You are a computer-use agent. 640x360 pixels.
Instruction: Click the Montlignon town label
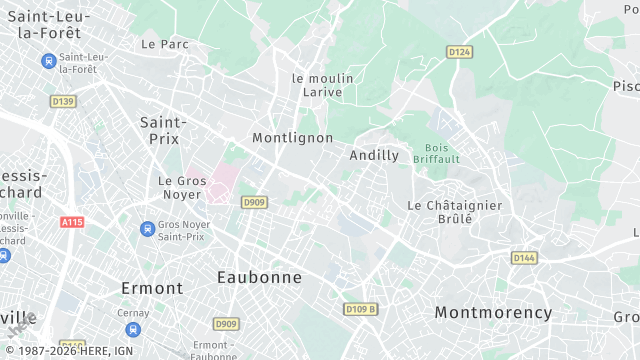coord(292,137)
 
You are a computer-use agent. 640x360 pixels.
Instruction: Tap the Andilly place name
coord(374,155)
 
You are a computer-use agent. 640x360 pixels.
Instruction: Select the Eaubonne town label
coord(259,277)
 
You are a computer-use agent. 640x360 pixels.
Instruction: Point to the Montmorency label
coord(493,312)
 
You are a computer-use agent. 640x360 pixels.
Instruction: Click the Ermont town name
coord(152,288)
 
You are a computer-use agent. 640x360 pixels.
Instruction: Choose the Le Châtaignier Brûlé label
coord(454,211)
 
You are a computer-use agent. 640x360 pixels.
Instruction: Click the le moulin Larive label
coord(317,85)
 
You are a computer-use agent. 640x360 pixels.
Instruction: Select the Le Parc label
coord(165,44)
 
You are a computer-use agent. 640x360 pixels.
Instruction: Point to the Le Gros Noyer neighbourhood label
coord(182,187)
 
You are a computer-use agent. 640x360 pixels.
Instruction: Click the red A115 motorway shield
coord(71,222)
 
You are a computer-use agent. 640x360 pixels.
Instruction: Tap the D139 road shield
coord(63,101)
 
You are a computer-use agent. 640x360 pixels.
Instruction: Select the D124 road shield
coord(459,52)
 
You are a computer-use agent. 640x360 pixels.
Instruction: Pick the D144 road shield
coord(524,257)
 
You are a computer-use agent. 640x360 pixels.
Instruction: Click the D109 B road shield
coord(360,309)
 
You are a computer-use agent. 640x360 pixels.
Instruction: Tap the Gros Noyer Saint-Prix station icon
coord(147,229)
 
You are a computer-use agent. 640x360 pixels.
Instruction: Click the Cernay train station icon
coord(133,329)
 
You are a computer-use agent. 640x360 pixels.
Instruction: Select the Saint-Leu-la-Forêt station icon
coord(48,60)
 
